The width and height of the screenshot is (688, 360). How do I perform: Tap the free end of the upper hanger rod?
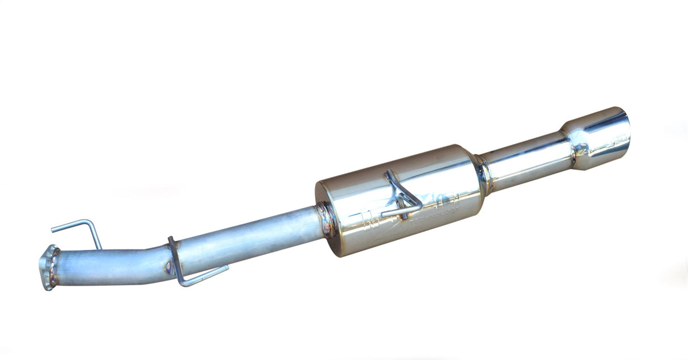click(x=53, y=230)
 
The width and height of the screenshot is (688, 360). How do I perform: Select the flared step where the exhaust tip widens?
click(x=570, y=142)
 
